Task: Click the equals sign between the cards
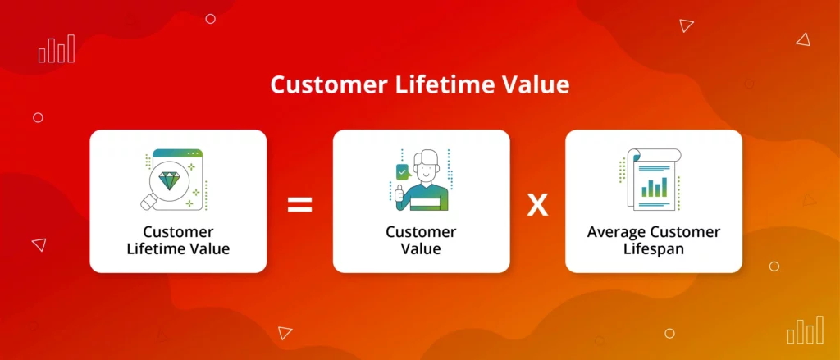click(299, 205)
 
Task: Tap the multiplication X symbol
click(537, 206)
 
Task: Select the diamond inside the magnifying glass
click(169, 180)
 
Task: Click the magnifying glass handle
click(148, 202)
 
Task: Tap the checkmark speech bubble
click(402, 172)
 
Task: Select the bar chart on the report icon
click(655, 188)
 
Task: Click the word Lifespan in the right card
click(654, 249)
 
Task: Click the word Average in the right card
click(617, 233)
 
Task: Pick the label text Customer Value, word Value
click(421, 249)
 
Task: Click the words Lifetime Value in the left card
click(178, 249)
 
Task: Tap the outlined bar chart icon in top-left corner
click(57, 49)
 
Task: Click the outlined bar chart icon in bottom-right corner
click(806, 330)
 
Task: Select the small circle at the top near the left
click(211, 19)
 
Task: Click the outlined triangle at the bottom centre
click(285, 333)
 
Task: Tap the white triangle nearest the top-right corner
click(802, 39)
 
